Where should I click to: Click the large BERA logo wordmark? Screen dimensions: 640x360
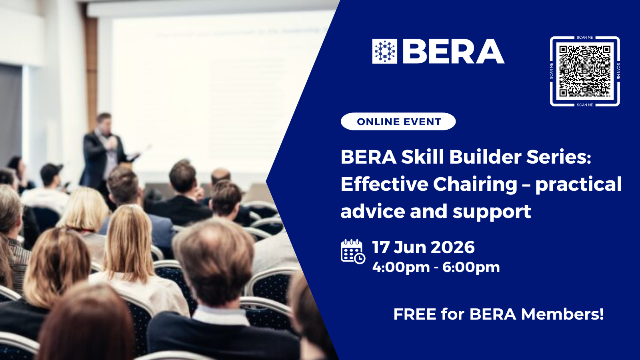coord(454,51)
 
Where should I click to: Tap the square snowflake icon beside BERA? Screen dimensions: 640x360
coord(384,51)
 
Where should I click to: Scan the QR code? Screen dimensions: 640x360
coord(585,71)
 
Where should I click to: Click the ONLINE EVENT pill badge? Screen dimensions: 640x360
coord(398,122)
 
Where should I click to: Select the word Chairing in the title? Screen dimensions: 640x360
coord(475,184)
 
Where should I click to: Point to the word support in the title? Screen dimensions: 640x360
coord(492,212)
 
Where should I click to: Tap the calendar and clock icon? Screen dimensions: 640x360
coord(353,252)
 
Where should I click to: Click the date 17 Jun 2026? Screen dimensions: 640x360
coord(424,247)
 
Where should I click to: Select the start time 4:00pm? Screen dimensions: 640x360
coord(401,268)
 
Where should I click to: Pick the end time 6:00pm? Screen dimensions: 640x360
coord(471,268)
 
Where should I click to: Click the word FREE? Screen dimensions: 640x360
coord(415,314)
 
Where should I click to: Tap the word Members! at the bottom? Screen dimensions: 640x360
coord(562,314)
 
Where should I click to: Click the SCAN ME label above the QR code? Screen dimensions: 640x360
coord(584,38)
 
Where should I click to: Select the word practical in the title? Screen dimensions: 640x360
coord(578,184)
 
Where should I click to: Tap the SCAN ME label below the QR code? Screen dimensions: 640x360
coord(584,105)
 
